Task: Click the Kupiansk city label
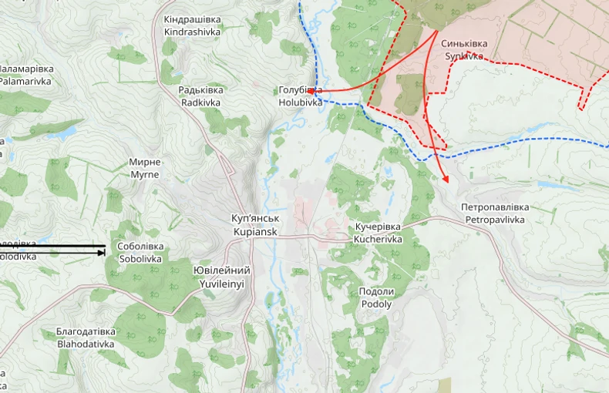pos(254,225)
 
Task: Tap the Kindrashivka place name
pos(192,25)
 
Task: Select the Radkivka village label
pos(200,96)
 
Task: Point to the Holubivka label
pos(300,96)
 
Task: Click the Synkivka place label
pos(463,50)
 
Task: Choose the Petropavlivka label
pos(495,213)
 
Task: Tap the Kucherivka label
pos(378,233)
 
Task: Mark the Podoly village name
pos(376,297)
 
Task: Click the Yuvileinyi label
pos(221,277)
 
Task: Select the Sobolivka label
pos(140,253)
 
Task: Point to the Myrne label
pos(145,168)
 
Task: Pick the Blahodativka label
pos(86,338)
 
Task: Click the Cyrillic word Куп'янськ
pos(254,219)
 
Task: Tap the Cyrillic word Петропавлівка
pos(495,207)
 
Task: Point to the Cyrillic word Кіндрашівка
pos(192,19)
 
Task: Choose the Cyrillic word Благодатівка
pos(86,331)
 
